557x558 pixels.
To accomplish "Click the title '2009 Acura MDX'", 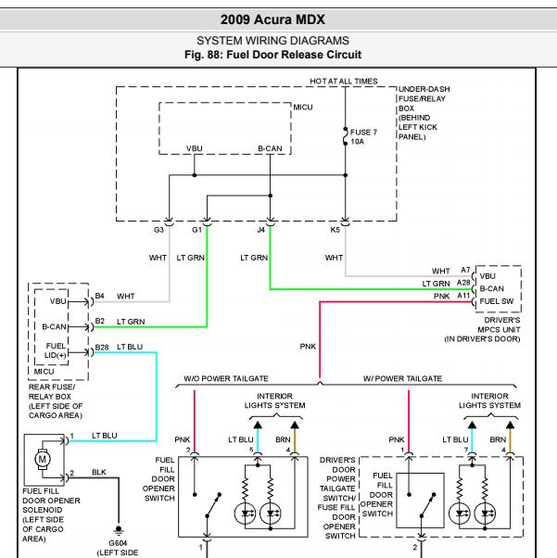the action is tap(272, 19).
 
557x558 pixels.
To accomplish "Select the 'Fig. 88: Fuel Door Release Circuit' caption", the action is tap(272, 55).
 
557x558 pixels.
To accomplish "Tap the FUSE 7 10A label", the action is tap(363, 137).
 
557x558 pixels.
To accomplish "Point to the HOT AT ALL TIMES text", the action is tap(344, 82).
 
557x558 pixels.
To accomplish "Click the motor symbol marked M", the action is tap(43, 459).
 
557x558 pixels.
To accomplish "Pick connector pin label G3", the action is tap(158, 230).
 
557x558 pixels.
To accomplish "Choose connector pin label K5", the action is tap(335, 230).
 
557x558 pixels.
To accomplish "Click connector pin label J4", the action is tap(260, 230).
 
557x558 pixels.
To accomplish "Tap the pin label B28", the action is tap(102, 348).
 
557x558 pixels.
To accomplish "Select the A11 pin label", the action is tap(463, 296).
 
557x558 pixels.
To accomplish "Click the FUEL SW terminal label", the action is tap(497, 301).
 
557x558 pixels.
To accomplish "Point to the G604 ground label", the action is tap(118, 543).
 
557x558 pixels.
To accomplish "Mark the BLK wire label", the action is tap(99, 472).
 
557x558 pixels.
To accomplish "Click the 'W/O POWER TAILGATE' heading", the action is tap(226, 378).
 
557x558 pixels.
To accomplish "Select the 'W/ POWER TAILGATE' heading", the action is tap(402, 378).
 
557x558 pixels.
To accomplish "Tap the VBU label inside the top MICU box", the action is tap(195, 148).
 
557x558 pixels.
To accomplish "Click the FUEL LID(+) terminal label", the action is tap(56, 350).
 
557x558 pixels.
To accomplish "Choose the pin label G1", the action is tap(196, 230).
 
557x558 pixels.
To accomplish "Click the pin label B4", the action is tap(100, 296).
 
